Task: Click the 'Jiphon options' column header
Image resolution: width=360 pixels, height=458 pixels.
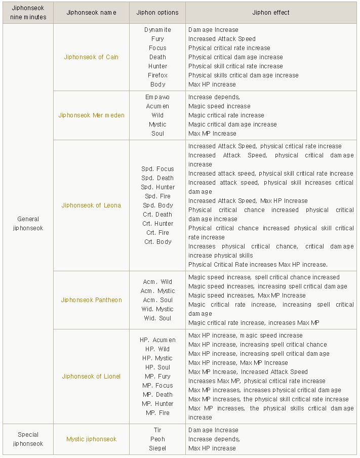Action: (157, 13)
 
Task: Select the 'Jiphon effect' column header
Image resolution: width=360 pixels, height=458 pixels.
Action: (271, 13)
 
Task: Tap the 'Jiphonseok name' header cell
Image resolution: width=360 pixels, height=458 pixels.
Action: (91, 13)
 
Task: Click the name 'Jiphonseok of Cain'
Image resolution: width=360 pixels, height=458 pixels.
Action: (91, 57)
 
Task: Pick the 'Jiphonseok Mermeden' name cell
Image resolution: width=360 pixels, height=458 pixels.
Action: (91, 115)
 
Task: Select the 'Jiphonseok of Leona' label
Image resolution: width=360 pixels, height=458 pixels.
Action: (91, 205)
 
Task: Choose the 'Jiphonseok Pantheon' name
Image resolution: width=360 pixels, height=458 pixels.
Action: (91, 300)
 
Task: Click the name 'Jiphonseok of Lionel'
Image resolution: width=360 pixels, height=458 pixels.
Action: (91, 377)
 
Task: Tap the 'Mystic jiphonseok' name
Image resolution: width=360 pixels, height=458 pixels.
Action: (91, 439)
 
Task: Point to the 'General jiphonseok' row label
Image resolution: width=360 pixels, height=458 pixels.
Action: (28, 224)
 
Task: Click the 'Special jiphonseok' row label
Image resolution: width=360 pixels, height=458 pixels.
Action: (28, 439)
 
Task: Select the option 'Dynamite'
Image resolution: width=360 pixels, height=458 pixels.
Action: (157, 30)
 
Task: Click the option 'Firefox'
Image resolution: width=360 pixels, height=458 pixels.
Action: (157, 75)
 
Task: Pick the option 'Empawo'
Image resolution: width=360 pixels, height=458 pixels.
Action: (157, 97)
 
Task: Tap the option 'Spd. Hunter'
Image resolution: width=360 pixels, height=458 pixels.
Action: (157, 187)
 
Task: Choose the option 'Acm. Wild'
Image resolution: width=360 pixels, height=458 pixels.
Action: (157, 282)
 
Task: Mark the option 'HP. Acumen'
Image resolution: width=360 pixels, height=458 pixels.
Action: (157, 340)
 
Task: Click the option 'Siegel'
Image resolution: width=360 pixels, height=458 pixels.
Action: (157, 448)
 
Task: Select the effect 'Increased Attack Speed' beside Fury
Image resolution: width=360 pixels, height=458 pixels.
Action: (222, 39)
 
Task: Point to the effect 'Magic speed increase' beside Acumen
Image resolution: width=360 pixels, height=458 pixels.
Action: (219, 106)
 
